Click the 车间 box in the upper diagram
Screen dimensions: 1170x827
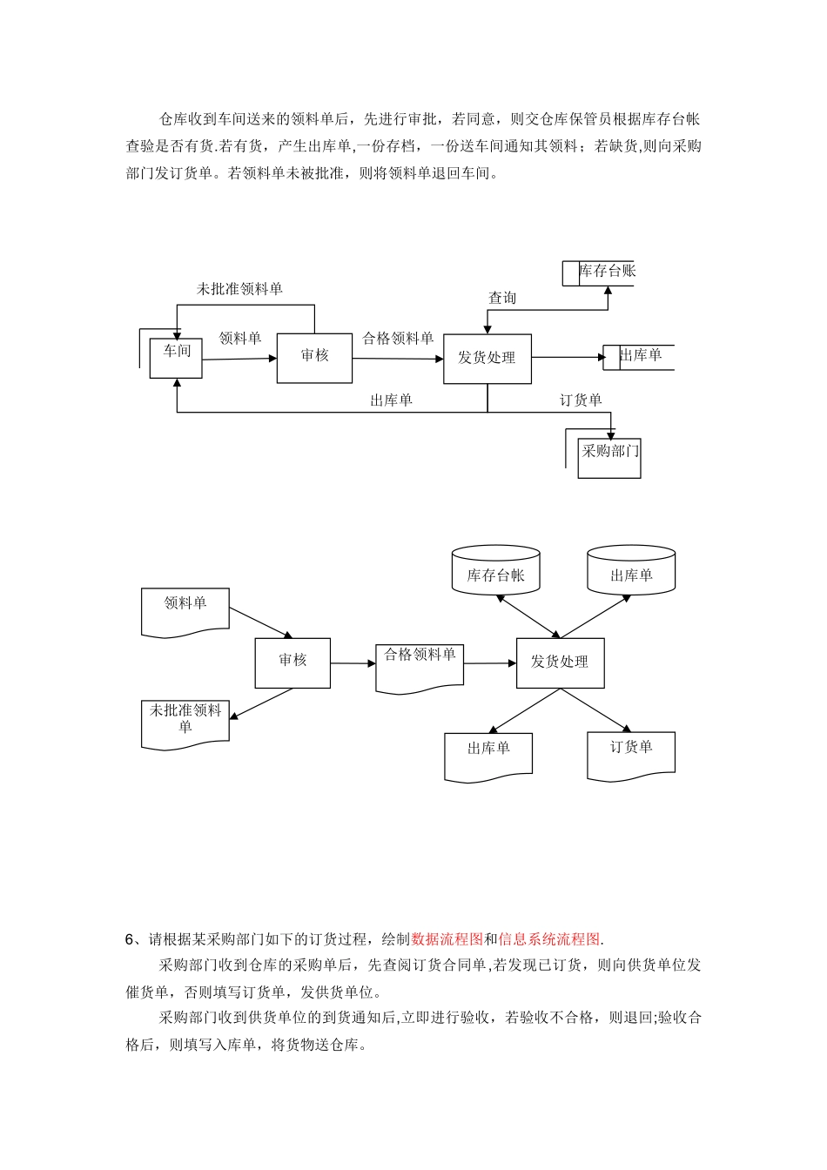176,358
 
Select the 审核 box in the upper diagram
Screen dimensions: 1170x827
314,357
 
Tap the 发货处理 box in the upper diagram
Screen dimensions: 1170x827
487,359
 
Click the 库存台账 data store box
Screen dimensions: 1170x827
607,272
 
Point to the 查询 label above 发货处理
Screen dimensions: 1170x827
502,299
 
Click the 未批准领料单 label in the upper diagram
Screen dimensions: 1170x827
239,289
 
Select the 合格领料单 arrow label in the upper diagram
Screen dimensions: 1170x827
398,339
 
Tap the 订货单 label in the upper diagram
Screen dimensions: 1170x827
581,400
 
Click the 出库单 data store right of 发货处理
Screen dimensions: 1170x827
641,356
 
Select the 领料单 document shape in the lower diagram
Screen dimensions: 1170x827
185,609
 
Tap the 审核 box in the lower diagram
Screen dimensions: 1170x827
292,662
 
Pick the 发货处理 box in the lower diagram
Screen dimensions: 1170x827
560,662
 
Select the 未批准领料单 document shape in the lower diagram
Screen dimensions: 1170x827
185,723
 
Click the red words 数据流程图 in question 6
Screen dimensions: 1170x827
447,939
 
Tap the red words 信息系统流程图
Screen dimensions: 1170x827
549,939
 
